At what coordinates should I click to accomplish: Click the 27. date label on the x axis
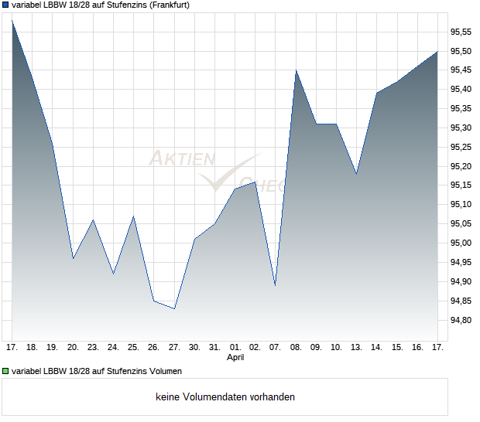(x=174, y=347)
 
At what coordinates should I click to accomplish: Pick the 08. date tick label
(x=296, y=347)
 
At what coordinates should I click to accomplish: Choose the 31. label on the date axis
(x=214, y=347)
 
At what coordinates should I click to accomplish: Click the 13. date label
(x=356, y=347)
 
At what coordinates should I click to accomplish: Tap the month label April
(x=235, y=358)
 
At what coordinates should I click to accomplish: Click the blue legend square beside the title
(x=6, y=5)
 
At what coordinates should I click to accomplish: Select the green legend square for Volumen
(x=6, y=370)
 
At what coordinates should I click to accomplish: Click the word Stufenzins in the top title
(x=118, y=5)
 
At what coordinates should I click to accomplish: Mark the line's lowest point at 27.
(x=174, y=308)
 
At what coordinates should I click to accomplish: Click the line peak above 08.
(x=296, y=70)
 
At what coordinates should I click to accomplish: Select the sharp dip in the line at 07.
(x=275, y=285)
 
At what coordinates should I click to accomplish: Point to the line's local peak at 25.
(x=133, y=216)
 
